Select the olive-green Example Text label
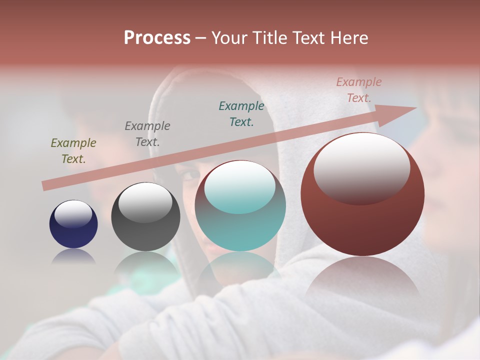73,150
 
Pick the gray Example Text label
147,133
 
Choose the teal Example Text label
241,113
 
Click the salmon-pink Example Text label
358,90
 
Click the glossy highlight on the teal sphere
240,186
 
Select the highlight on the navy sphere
73,213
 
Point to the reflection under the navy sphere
73,256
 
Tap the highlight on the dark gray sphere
145,201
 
